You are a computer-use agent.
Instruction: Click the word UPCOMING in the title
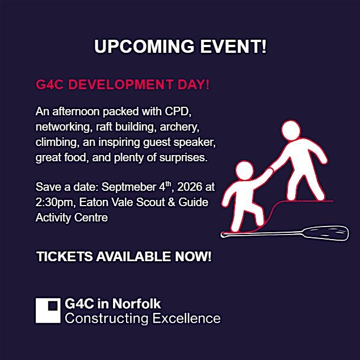(x=144, y=47)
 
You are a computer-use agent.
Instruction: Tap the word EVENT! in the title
(x=233, y=47)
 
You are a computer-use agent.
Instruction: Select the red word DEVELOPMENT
(x=121, y=84)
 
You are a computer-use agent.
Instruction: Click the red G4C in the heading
(x=49, y=84)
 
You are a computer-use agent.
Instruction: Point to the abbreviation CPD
(x=178, y=112)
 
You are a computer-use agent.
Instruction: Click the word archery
(x=179, y=127)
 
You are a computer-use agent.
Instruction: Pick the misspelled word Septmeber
(x=129, y=187)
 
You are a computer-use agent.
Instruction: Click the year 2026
(x=190, y=187)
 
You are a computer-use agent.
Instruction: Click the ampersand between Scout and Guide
(x=171, y=202)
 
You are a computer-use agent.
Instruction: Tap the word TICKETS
(x=65, y=257)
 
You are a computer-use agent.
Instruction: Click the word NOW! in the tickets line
(x=193, y=257)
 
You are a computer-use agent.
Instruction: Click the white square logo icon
(x=48, y=311)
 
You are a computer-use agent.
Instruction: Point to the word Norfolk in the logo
(x=137, y=304)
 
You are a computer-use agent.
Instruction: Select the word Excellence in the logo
(x=186, y=319)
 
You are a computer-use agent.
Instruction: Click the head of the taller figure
(x=291, y=130)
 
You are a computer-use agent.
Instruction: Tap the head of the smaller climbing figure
(x=245, y=170)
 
